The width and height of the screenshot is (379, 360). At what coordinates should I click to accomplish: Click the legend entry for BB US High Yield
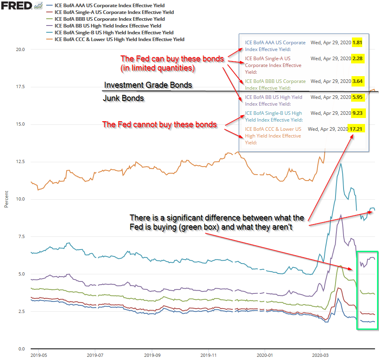pos(108,26)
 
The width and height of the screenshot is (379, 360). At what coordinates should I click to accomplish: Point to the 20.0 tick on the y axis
pos(21,49)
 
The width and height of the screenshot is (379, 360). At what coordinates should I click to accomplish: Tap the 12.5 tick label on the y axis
pos(21,162)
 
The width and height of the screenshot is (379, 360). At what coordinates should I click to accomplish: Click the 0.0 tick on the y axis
pos(22,349)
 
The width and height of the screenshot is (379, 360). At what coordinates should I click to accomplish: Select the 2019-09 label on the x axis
pos(152,354)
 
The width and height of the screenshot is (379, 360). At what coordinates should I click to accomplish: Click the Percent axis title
pos(6,199)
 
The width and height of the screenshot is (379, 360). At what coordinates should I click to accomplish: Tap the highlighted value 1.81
pos(357,43)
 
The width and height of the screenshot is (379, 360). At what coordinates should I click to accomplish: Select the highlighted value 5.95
pos(357,97)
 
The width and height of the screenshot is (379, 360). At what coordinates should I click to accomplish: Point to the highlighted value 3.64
pos(357,81)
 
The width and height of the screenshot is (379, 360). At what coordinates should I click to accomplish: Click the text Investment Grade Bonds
pos(148,85)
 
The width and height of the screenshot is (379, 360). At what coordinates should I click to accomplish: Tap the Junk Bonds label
pos(124,98)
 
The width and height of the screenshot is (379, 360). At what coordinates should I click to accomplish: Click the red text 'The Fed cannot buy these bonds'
pos(159,124)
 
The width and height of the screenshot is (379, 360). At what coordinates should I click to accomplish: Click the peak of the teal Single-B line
pos(341,163)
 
